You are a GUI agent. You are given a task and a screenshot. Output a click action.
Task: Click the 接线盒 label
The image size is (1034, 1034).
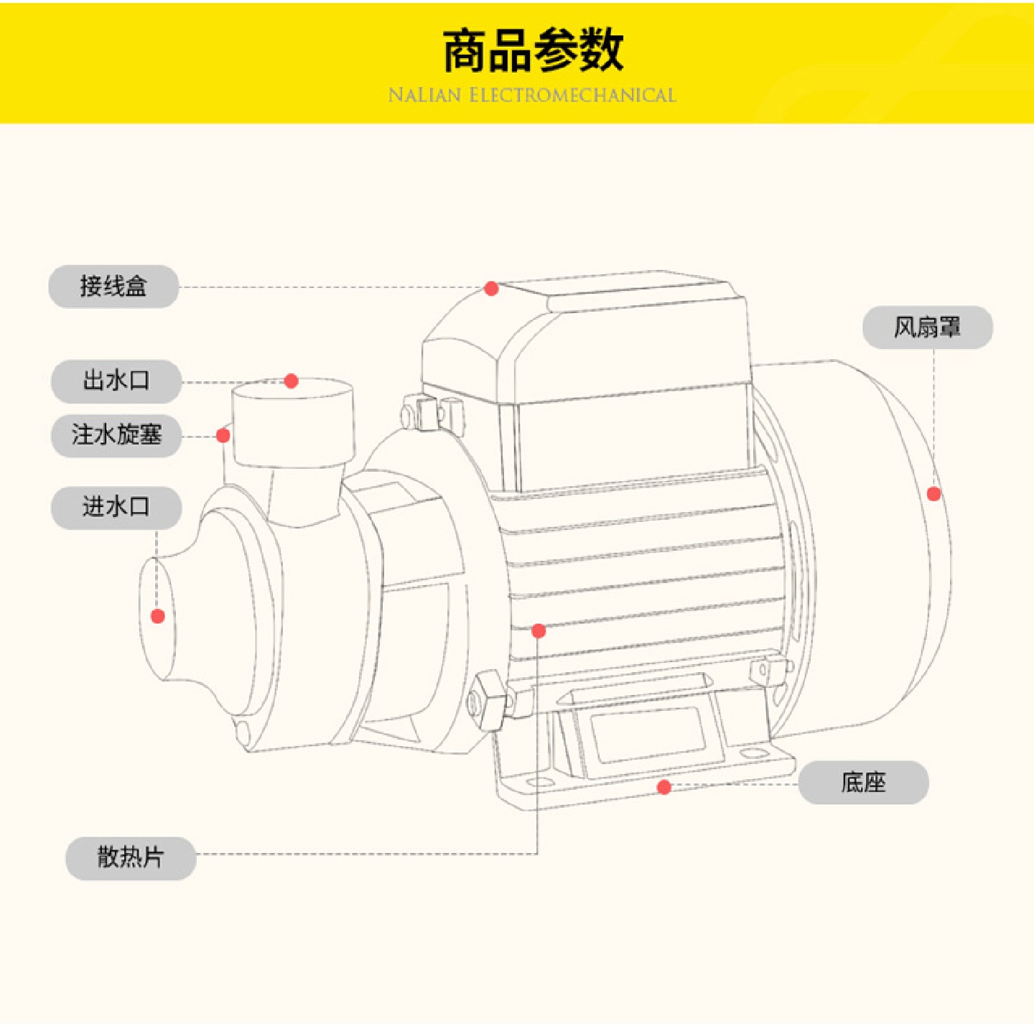[113, 287]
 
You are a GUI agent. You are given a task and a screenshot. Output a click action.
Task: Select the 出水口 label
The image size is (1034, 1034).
[116, 381]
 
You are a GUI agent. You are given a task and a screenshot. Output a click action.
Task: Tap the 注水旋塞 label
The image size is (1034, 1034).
[116, 435]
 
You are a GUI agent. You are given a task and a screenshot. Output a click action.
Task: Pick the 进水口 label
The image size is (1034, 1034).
[116, 507]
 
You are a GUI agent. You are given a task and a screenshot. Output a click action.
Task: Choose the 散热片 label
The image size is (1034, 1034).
[131, 857]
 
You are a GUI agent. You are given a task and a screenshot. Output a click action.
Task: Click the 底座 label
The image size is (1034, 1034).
[863, 782]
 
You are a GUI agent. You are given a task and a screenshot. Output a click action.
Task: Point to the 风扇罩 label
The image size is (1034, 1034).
[927, 327]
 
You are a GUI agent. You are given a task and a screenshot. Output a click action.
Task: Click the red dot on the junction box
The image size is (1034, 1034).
[491, 289]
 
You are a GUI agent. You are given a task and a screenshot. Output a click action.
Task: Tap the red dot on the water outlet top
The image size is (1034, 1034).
[291, 381]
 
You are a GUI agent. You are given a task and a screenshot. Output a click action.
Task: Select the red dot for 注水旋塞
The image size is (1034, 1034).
[223, 435]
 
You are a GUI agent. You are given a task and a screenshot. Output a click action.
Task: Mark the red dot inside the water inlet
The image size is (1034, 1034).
[158, 616]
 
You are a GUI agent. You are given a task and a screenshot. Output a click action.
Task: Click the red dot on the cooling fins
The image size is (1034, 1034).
[539, 631]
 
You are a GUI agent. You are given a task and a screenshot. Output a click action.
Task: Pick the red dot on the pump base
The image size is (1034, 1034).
[664, 787]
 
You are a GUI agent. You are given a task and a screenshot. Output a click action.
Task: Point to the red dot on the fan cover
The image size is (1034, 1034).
[933, 494]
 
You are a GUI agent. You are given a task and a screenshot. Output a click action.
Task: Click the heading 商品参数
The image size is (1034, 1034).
[532, 50]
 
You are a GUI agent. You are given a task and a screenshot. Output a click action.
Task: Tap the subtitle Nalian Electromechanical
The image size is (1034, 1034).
[532, 96]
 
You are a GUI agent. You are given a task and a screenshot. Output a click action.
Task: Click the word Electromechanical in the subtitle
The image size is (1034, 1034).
[572, 96]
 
